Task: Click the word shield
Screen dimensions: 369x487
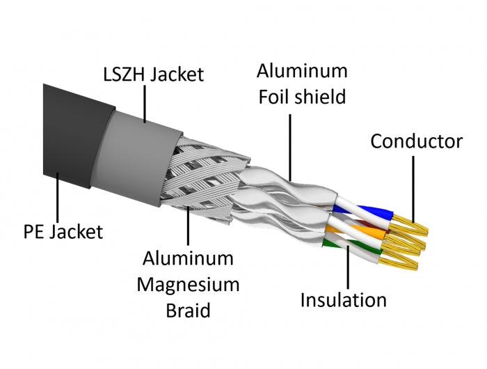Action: pyautogui.click(x=323, y=96)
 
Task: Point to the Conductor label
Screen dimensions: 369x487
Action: pyautogui.click(x=416, y=141)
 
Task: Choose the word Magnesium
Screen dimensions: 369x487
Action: pyautogui.click(x=189, y=284)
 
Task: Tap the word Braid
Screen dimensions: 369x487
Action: pyautogui.click(x=189, y=309)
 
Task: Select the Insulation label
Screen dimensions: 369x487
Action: pyautogui.click(x=343, y=300)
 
